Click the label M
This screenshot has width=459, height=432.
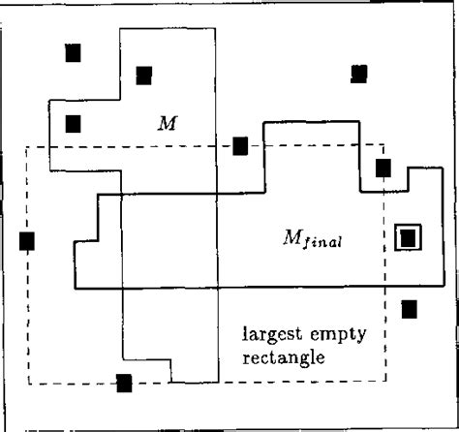pos(168,123)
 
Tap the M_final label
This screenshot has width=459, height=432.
pos(312,239)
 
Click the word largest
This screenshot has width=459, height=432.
pos(272,335)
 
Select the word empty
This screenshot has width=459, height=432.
pos(338,335)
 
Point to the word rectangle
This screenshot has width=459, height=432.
pos(284,357)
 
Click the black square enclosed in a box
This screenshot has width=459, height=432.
pos(408,238)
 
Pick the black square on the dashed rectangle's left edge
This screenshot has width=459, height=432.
pos(27,241)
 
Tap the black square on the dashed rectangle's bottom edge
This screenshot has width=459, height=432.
pos(124,384)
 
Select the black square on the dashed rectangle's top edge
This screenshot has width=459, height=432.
pos(240,146)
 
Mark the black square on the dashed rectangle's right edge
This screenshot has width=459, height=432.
pos(383,168)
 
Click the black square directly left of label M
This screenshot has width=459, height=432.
pos(74,124)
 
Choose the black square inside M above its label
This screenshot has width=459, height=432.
pos(144,76)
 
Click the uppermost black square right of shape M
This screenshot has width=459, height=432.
pos(359,74)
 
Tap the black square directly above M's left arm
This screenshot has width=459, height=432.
pos(74,53)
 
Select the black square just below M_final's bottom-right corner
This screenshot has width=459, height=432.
pos(410,309)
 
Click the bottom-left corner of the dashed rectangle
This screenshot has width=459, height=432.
pos(29,384)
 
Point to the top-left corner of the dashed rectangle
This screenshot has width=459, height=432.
pos(26,147)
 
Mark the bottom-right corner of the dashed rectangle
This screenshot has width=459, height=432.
pos(385,381)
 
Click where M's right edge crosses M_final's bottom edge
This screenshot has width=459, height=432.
pos(218,287)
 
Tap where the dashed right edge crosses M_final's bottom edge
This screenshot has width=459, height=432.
pos(384,286)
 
